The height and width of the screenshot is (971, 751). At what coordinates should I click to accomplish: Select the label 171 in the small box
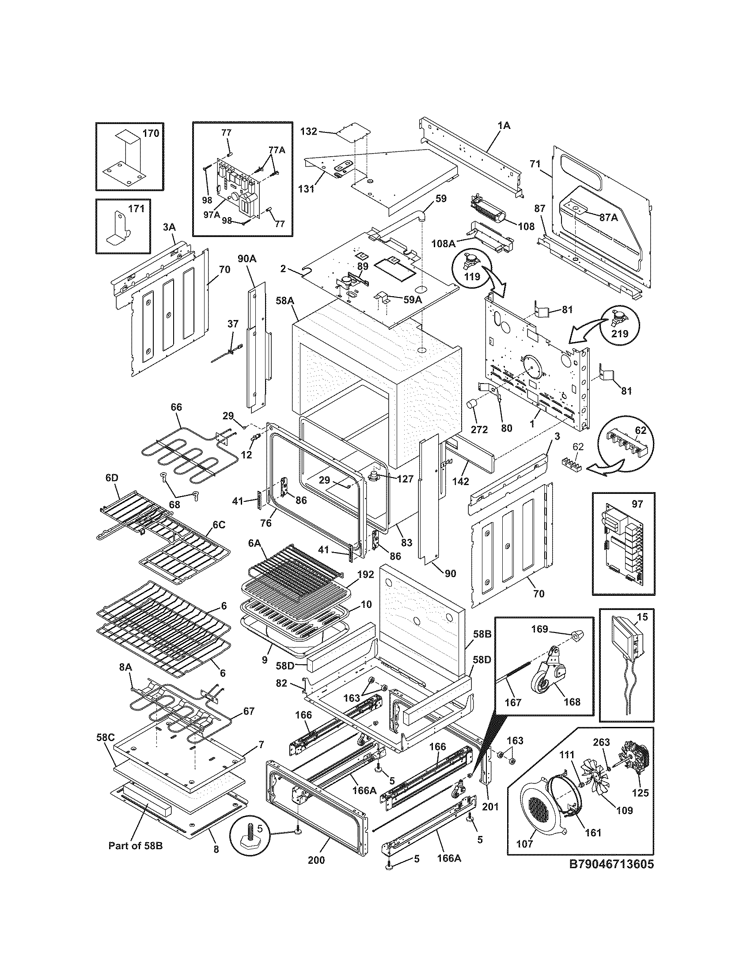pyautogui.click(x=136, y=208)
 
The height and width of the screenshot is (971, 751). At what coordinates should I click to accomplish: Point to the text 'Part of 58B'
pyautogui.click(x=136, y=846)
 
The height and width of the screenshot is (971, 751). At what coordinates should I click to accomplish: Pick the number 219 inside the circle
pyautogui.click(x=620, y=333)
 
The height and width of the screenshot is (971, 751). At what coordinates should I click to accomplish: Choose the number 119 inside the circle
pyautogui.click(x=473, y=276)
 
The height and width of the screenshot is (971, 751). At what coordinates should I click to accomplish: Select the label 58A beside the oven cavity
pyautogui.click(x=285, y=301)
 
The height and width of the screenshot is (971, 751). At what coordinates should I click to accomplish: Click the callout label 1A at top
pyautogui.click(x=504, y=126)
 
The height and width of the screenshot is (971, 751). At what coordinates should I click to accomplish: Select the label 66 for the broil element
pyautogui.click(x=176, y=407)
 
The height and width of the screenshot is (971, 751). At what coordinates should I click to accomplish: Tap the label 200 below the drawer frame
pyautogui.click(x=316, y=860)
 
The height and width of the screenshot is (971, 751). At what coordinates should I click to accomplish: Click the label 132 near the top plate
pyautogui.click(x=309, y=131)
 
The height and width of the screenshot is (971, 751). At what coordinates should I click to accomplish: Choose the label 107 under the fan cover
pyautogui.click(x=525, y=844)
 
